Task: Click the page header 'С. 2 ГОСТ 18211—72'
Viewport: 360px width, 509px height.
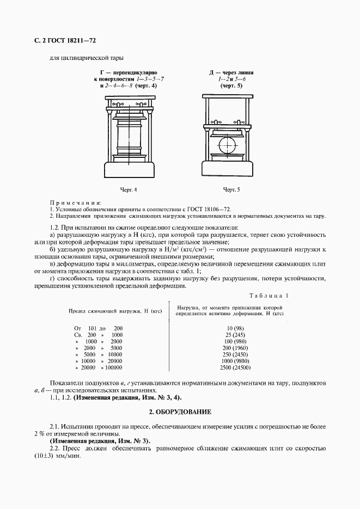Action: point(65,40)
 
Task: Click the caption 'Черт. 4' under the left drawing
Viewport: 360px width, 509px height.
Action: point(129,189)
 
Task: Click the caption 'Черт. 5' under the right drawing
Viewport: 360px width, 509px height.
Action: point(231,189)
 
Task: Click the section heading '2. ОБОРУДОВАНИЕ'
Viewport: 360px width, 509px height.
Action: point(180,412)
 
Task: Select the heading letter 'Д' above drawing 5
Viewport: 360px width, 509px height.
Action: point(212,72)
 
